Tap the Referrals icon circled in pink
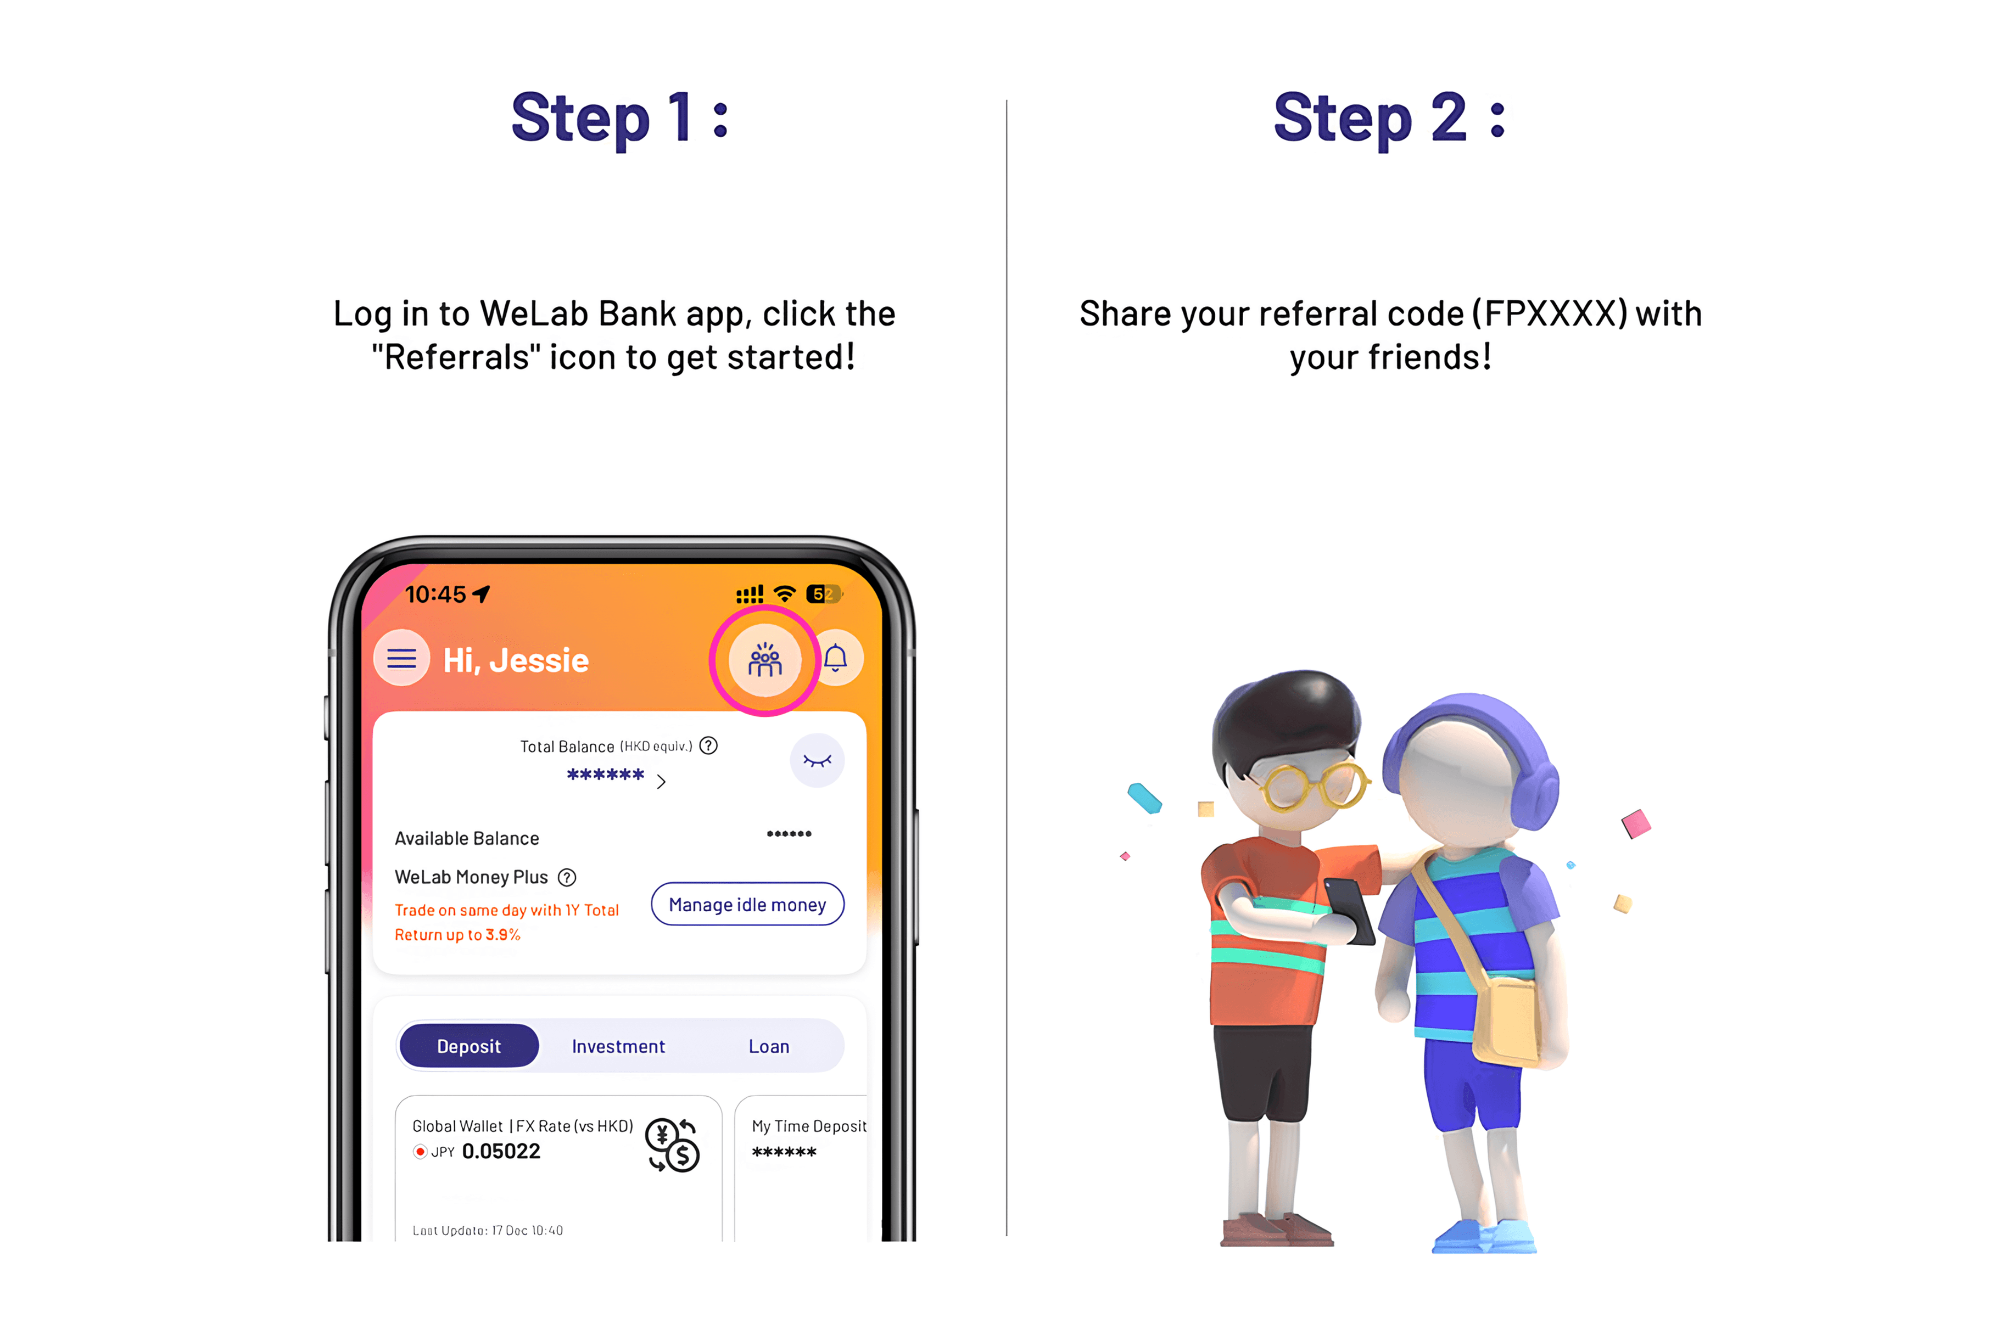tap(764, 660)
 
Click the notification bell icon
tap(835, 658)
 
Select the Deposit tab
tap(469, 1046)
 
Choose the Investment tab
tap(618, 1046)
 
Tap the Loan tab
tap(769, 1046)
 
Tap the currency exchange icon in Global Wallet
tap(673, 1145)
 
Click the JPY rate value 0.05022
tap(501, 1151)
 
